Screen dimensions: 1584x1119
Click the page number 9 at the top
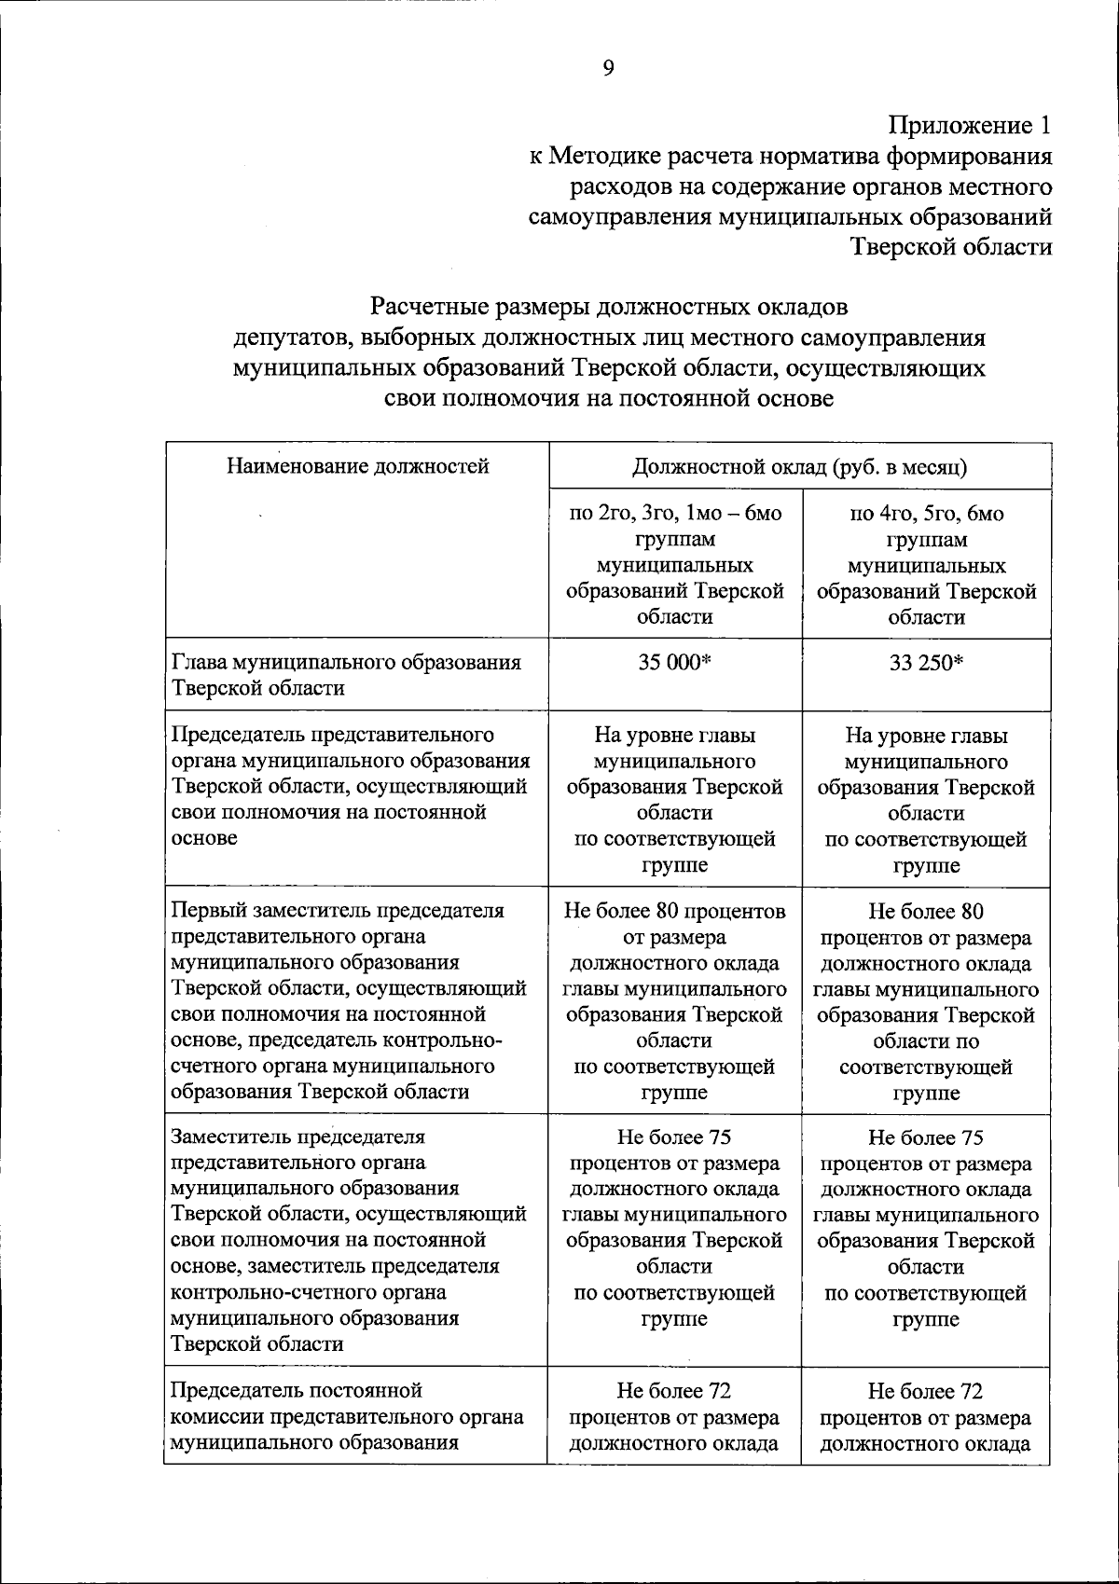point(608,67)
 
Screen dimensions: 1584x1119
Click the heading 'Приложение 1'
point(969,125)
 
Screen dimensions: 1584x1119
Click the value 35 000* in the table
point(674,663)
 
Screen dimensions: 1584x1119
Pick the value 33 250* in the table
point(926,663)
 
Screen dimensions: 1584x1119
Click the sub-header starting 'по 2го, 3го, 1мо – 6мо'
point(674,514)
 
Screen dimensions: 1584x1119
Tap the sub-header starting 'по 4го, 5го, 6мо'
point(926,514)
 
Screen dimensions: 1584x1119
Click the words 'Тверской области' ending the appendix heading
point(952,247)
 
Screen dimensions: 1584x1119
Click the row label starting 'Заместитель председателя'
point(298,1137)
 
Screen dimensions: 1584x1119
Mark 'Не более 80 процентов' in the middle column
point(674,910)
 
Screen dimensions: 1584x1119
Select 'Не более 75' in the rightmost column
point(926,1137)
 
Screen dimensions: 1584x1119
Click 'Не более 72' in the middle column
point(674,1391)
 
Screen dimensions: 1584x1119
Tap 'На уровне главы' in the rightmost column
point(926,735)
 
